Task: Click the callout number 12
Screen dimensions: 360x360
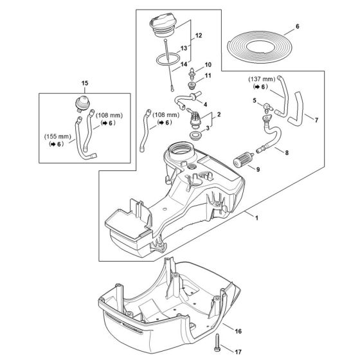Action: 199,34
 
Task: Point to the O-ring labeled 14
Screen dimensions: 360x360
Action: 168,61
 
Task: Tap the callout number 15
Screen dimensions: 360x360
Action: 84,83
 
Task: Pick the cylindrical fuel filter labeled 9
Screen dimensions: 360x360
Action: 247,158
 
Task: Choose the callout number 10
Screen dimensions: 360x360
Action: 208,66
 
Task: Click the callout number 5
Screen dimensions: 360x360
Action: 255,100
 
